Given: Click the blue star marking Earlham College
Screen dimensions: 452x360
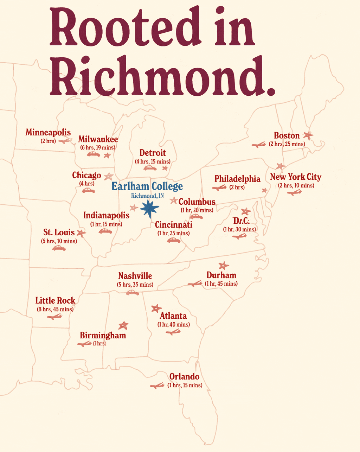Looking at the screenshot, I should pos(149,209).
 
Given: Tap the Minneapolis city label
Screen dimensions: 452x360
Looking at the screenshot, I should pos(48,133).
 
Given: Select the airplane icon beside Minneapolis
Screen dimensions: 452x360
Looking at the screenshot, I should pos(65,141).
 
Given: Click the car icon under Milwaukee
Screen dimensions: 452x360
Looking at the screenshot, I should pos(93,154).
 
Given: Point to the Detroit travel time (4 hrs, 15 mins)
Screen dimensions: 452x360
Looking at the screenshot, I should pos(153,161).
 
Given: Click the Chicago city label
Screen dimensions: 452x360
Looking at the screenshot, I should pos(86,175).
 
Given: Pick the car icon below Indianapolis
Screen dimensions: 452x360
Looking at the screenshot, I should pos(105,231).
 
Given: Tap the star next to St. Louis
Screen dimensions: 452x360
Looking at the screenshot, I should pos(81,233).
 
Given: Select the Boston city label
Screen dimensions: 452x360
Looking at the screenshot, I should pos(287,135).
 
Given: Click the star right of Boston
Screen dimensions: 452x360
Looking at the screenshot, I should pos(308,135).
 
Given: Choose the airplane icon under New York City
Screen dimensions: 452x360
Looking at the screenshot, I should pos(294,192).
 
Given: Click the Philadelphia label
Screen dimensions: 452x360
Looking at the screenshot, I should pos(237,179).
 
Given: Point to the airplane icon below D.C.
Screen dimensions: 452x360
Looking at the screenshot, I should pos(239,236).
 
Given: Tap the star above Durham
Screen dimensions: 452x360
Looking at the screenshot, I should pos(223,266).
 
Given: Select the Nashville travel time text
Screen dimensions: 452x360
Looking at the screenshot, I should pos(135,284).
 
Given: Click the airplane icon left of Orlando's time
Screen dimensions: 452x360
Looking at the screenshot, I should pos(157,386).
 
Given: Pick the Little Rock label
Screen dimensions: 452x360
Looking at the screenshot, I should pos(55,300).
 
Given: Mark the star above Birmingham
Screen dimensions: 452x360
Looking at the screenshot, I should pos(123,325).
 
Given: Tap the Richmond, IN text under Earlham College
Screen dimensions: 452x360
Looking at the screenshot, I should pos(147,196).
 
